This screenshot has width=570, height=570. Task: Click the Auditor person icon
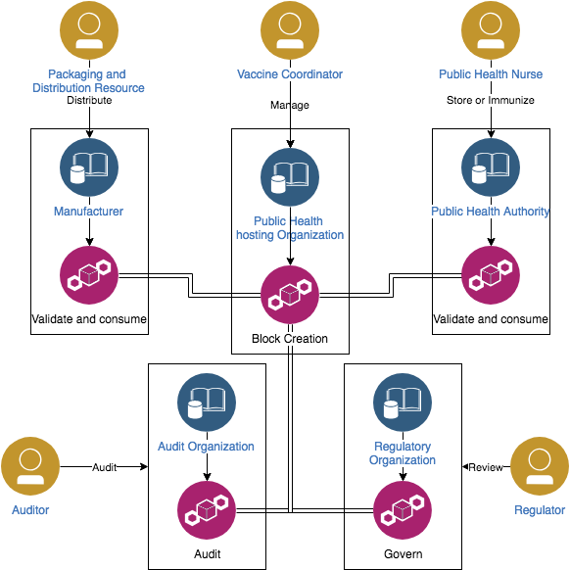pos(30,466)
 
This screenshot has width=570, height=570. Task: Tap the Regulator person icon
pos(540,466)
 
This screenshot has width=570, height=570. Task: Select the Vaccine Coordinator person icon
pos(290,30)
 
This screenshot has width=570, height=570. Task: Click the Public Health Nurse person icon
pos(491,30)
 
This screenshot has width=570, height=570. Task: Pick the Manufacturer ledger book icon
pos(89,167)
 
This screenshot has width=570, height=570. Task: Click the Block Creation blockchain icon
pos(290,295)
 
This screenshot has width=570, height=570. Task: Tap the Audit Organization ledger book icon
pos(207,403)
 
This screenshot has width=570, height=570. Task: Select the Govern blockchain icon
pos(403,510)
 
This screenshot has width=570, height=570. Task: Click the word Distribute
pos(89,100)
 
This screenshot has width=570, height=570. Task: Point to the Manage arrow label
pos(290,105)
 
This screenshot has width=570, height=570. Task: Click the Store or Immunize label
pos(491,100)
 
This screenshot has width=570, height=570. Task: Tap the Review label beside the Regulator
pos(486,467)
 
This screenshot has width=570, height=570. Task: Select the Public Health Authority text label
pos(491,212)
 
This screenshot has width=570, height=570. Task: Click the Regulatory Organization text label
pos(403,452)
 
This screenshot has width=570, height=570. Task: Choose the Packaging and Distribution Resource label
pos(88,80)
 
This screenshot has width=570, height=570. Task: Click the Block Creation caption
pos(290,339)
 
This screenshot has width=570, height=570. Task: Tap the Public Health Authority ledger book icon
pos(491,167)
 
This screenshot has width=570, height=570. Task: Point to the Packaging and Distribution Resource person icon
pos(89,30)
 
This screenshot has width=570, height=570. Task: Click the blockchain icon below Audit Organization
pos(207,510)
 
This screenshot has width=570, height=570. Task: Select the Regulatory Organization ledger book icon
pos(403,403)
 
